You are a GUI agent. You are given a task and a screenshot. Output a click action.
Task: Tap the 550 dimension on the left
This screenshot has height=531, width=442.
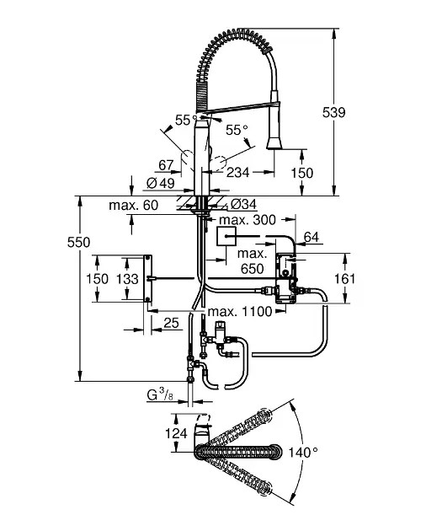coord(78,242)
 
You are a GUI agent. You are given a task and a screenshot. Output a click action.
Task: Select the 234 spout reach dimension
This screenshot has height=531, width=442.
coord(238,172)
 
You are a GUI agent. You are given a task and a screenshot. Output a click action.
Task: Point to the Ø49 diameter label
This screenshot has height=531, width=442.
coord(161,183)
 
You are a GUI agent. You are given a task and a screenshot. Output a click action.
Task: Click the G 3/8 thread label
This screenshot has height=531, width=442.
coord(162,394)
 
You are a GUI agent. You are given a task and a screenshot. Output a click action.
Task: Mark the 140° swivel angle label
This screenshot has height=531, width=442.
coord(304,453)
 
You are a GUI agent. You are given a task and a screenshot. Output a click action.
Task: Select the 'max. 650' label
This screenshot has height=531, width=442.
coord(253,260)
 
